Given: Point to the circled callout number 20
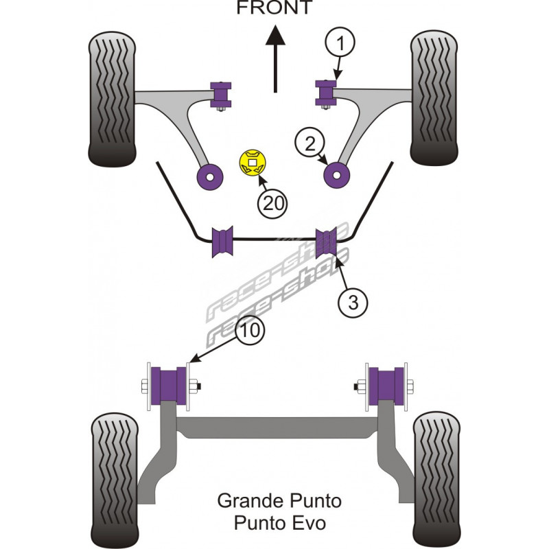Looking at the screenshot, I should coord(272,202).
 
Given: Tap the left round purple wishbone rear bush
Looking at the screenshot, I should coord(209,176).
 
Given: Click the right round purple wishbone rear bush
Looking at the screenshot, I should coord(336,174).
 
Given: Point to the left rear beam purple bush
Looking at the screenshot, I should coord(171,386).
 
